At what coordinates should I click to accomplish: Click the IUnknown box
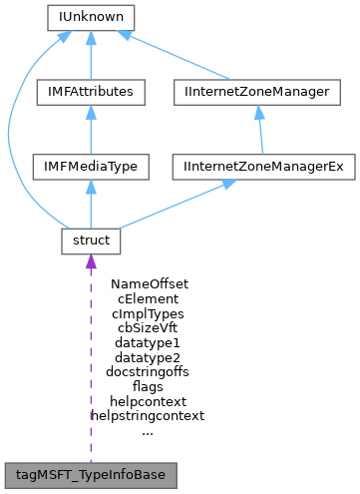coord(91,17)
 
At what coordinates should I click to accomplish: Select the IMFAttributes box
coord(91,92)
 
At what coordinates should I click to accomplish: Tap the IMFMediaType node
coord(91,167)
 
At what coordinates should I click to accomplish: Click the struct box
coord(91,242)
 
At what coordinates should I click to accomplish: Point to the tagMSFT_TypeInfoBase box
coord(91,472)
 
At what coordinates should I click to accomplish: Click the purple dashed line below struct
coord(91,359)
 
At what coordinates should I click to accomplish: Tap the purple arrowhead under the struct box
coord(91,263)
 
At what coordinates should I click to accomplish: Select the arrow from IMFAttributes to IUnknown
coord(91,55)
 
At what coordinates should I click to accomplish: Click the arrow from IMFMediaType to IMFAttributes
coord(91,130)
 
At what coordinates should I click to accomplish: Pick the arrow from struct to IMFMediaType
coord(91,205)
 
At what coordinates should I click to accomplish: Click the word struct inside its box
coord(91,242)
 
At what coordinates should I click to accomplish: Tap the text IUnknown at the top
coord(91,17)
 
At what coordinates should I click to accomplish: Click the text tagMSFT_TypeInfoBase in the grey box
coord(91,472)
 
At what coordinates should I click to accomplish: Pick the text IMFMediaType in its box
coord(91,167)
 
